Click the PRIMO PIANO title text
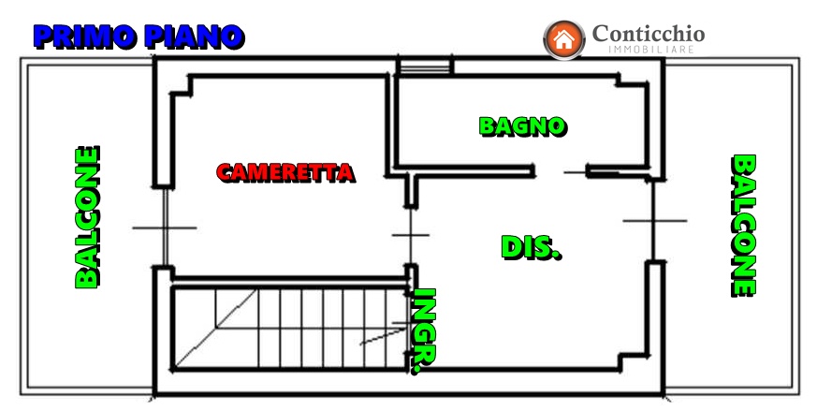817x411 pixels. (139, 37)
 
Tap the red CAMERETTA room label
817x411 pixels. (285, 172)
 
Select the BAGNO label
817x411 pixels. (522, 126)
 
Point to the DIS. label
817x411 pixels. (531, 248)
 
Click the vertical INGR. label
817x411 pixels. (424, 331)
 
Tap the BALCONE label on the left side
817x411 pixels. (88, 217)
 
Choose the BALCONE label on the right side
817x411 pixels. (743, 226)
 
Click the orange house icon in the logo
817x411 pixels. (564, 39)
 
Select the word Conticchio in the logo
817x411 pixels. (649, 34)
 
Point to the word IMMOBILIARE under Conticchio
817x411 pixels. (651, 50)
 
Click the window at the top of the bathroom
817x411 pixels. (424, 66)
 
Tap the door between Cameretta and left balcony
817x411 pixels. (165, 228)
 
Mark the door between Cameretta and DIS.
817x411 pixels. (411, 236)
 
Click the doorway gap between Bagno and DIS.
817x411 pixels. (562, 171)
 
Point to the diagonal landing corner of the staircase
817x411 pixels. (215, 328)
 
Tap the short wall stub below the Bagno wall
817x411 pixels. (411, 190)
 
